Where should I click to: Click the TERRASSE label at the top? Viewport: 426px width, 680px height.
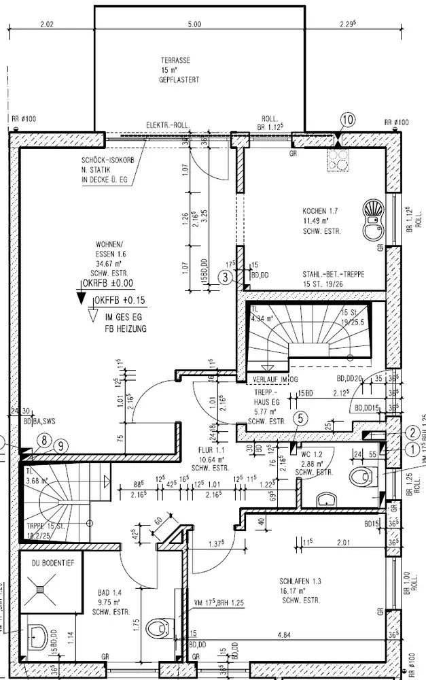coord(176,60)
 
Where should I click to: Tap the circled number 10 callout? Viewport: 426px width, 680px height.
coord(347,120)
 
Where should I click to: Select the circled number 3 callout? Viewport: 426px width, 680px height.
coord(226,275)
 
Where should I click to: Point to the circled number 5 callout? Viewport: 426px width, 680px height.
coord(300,420)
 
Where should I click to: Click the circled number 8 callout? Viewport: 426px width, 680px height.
coord(44,441)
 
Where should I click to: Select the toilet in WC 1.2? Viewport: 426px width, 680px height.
coord(359,477)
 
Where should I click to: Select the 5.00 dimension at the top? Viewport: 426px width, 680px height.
coord(194,24)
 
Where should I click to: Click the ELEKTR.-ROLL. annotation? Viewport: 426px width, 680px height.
coord(167,125)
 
